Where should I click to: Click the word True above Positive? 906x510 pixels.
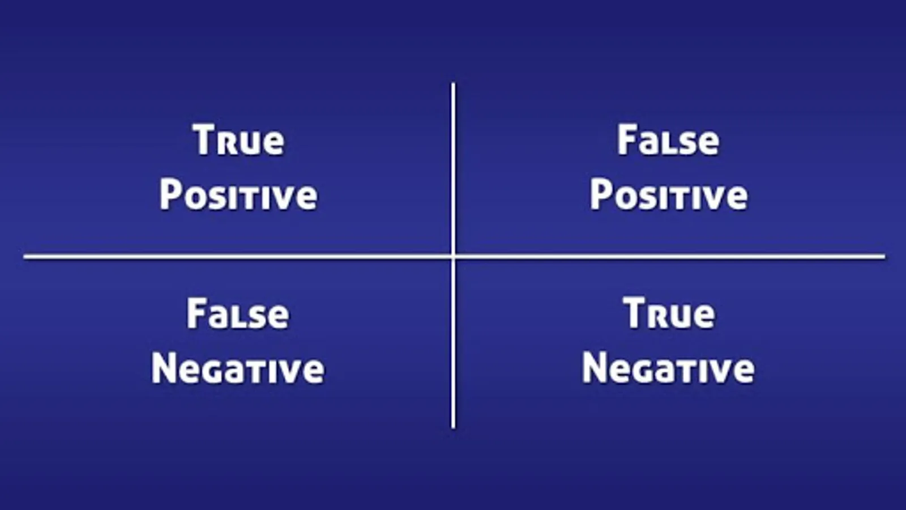238,139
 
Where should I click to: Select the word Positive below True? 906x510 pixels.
238,195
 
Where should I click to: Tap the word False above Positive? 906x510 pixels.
668,139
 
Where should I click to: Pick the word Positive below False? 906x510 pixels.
669,195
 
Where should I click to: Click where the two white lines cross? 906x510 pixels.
453,256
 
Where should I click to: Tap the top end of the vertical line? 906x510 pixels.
453,83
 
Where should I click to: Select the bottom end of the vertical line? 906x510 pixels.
453,428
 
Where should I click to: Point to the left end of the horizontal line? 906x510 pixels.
24,256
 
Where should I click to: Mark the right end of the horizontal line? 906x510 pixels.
884,256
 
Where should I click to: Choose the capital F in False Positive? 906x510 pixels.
626,139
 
